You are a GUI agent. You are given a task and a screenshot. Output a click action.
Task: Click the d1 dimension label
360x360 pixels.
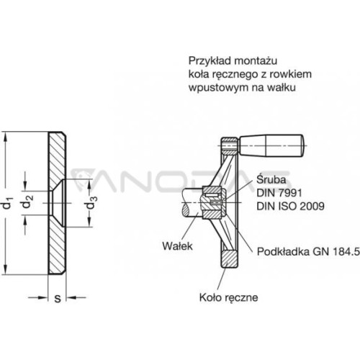(7, 203)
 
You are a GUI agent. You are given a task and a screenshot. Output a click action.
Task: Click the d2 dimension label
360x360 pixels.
(27, 201)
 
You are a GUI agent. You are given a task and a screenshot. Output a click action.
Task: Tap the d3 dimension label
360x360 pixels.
(91, 202)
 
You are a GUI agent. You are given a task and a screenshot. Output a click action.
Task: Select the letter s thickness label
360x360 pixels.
(58, 299)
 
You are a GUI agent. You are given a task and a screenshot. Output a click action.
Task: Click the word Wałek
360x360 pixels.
(177, 246)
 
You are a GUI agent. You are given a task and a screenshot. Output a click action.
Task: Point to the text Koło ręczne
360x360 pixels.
(229, 298)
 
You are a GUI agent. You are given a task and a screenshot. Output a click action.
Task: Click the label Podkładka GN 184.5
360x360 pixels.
(308, 251)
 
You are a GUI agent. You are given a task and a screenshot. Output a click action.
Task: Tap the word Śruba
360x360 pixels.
(271, 179)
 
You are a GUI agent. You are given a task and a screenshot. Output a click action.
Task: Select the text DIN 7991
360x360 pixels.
(279, 193)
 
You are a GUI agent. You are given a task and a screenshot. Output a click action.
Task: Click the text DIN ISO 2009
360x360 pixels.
(290, 206)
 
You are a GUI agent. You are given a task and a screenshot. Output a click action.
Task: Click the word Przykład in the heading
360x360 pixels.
(210, 61)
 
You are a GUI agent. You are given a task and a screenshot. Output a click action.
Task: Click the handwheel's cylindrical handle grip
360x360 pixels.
(271, 145)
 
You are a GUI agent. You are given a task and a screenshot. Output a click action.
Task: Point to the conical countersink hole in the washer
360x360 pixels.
(58, 203)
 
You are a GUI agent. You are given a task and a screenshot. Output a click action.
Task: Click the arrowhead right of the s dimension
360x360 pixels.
(71, 297)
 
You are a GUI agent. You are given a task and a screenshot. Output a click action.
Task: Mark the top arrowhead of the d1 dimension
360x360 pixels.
(6, 136)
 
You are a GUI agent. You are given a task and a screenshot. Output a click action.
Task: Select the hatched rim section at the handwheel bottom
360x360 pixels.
(229, 259)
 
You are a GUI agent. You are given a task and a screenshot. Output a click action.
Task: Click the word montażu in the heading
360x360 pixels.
(256, 61)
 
